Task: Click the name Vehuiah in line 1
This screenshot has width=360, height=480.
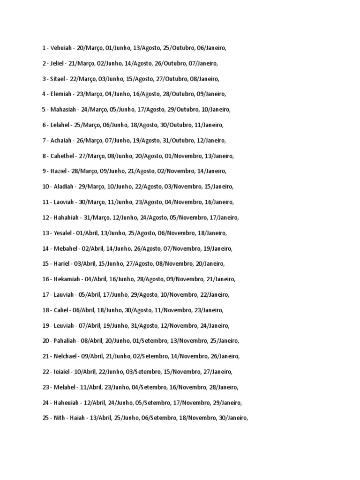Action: pos(61,48)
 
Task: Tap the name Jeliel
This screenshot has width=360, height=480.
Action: pos(58,63)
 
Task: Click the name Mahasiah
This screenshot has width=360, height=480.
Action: pos(64,110)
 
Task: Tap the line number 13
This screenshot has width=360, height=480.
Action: pos(45,233)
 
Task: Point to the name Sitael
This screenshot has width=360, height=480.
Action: pos(58,79)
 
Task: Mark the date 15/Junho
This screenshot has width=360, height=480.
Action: pos(109,264)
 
